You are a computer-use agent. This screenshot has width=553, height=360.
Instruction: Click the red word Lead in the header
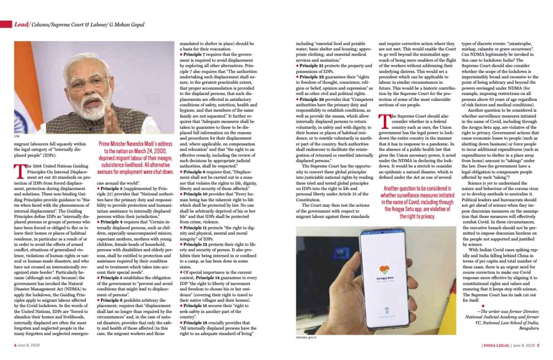[x=22, y=25]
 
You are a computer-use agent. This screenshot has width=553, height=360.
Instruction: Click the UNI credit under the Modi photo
[x=16, y=139]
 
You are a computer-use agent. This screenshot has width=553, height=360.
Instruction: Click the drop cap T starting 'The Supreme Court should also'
[x=383, y=120]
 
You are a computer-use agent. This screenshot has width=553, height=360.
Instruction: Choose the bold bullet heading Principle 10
[x=200, y=193]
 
